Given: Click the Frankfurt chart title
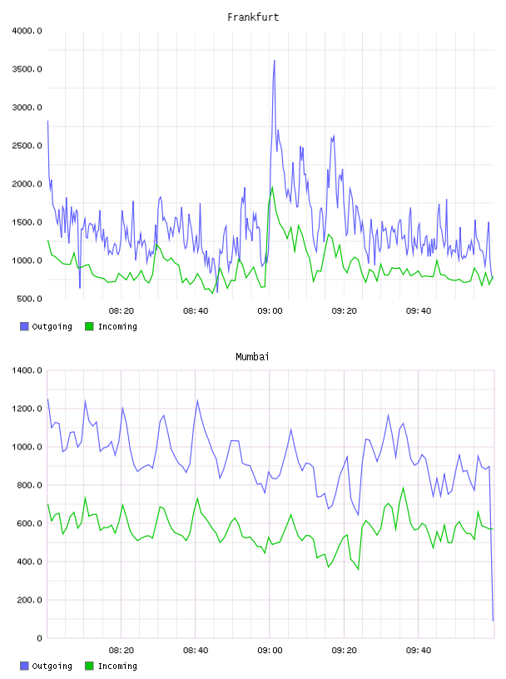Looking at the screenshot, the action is (253, 17).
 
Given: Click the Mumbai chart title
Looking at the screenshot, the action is (252, 357).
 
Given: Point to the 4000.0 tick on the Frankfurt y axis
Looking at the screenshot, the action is (27, 31).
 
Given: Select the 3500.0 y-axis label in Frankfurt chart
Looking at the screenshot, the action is (27, 69).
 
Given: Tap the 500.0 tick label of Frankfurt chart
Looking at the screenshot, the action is (29, 299).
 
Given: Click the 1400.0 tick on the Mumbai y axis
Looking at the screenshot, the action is (27, 370).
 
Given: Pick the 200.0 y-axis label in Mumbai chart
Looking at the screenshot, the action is (29, 600).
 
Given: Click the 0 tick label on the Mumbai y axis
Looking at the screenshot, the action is (39, 638).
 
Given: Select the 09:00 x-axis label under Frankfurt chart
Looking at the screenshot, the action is (270, 311).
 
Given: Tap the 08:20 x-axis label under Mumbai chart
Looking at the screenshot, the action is (122, 651).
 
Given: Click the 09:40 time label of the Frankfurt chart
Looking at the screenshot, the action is (419, 311).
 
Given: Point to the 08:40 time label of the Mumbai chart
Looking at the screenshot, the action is (196, 651).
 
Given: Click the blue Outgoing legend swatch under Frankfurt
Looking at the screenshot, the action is (24, 326).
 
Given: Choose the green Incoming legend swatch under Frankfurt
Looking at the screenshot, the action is (89, 326).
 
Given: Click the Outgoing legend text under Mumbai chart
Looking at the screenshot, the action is (52, 666).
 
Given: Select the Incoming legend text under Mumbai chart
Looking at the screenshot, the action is (117, 666).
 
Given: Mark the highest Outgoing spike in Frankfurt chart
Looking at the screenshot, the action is (275, 61).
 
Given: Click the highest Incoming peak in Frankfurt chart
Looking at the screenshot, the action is (272, 187).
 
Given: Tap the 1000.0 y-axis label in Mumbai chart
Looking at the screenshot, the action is (27, 447).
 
